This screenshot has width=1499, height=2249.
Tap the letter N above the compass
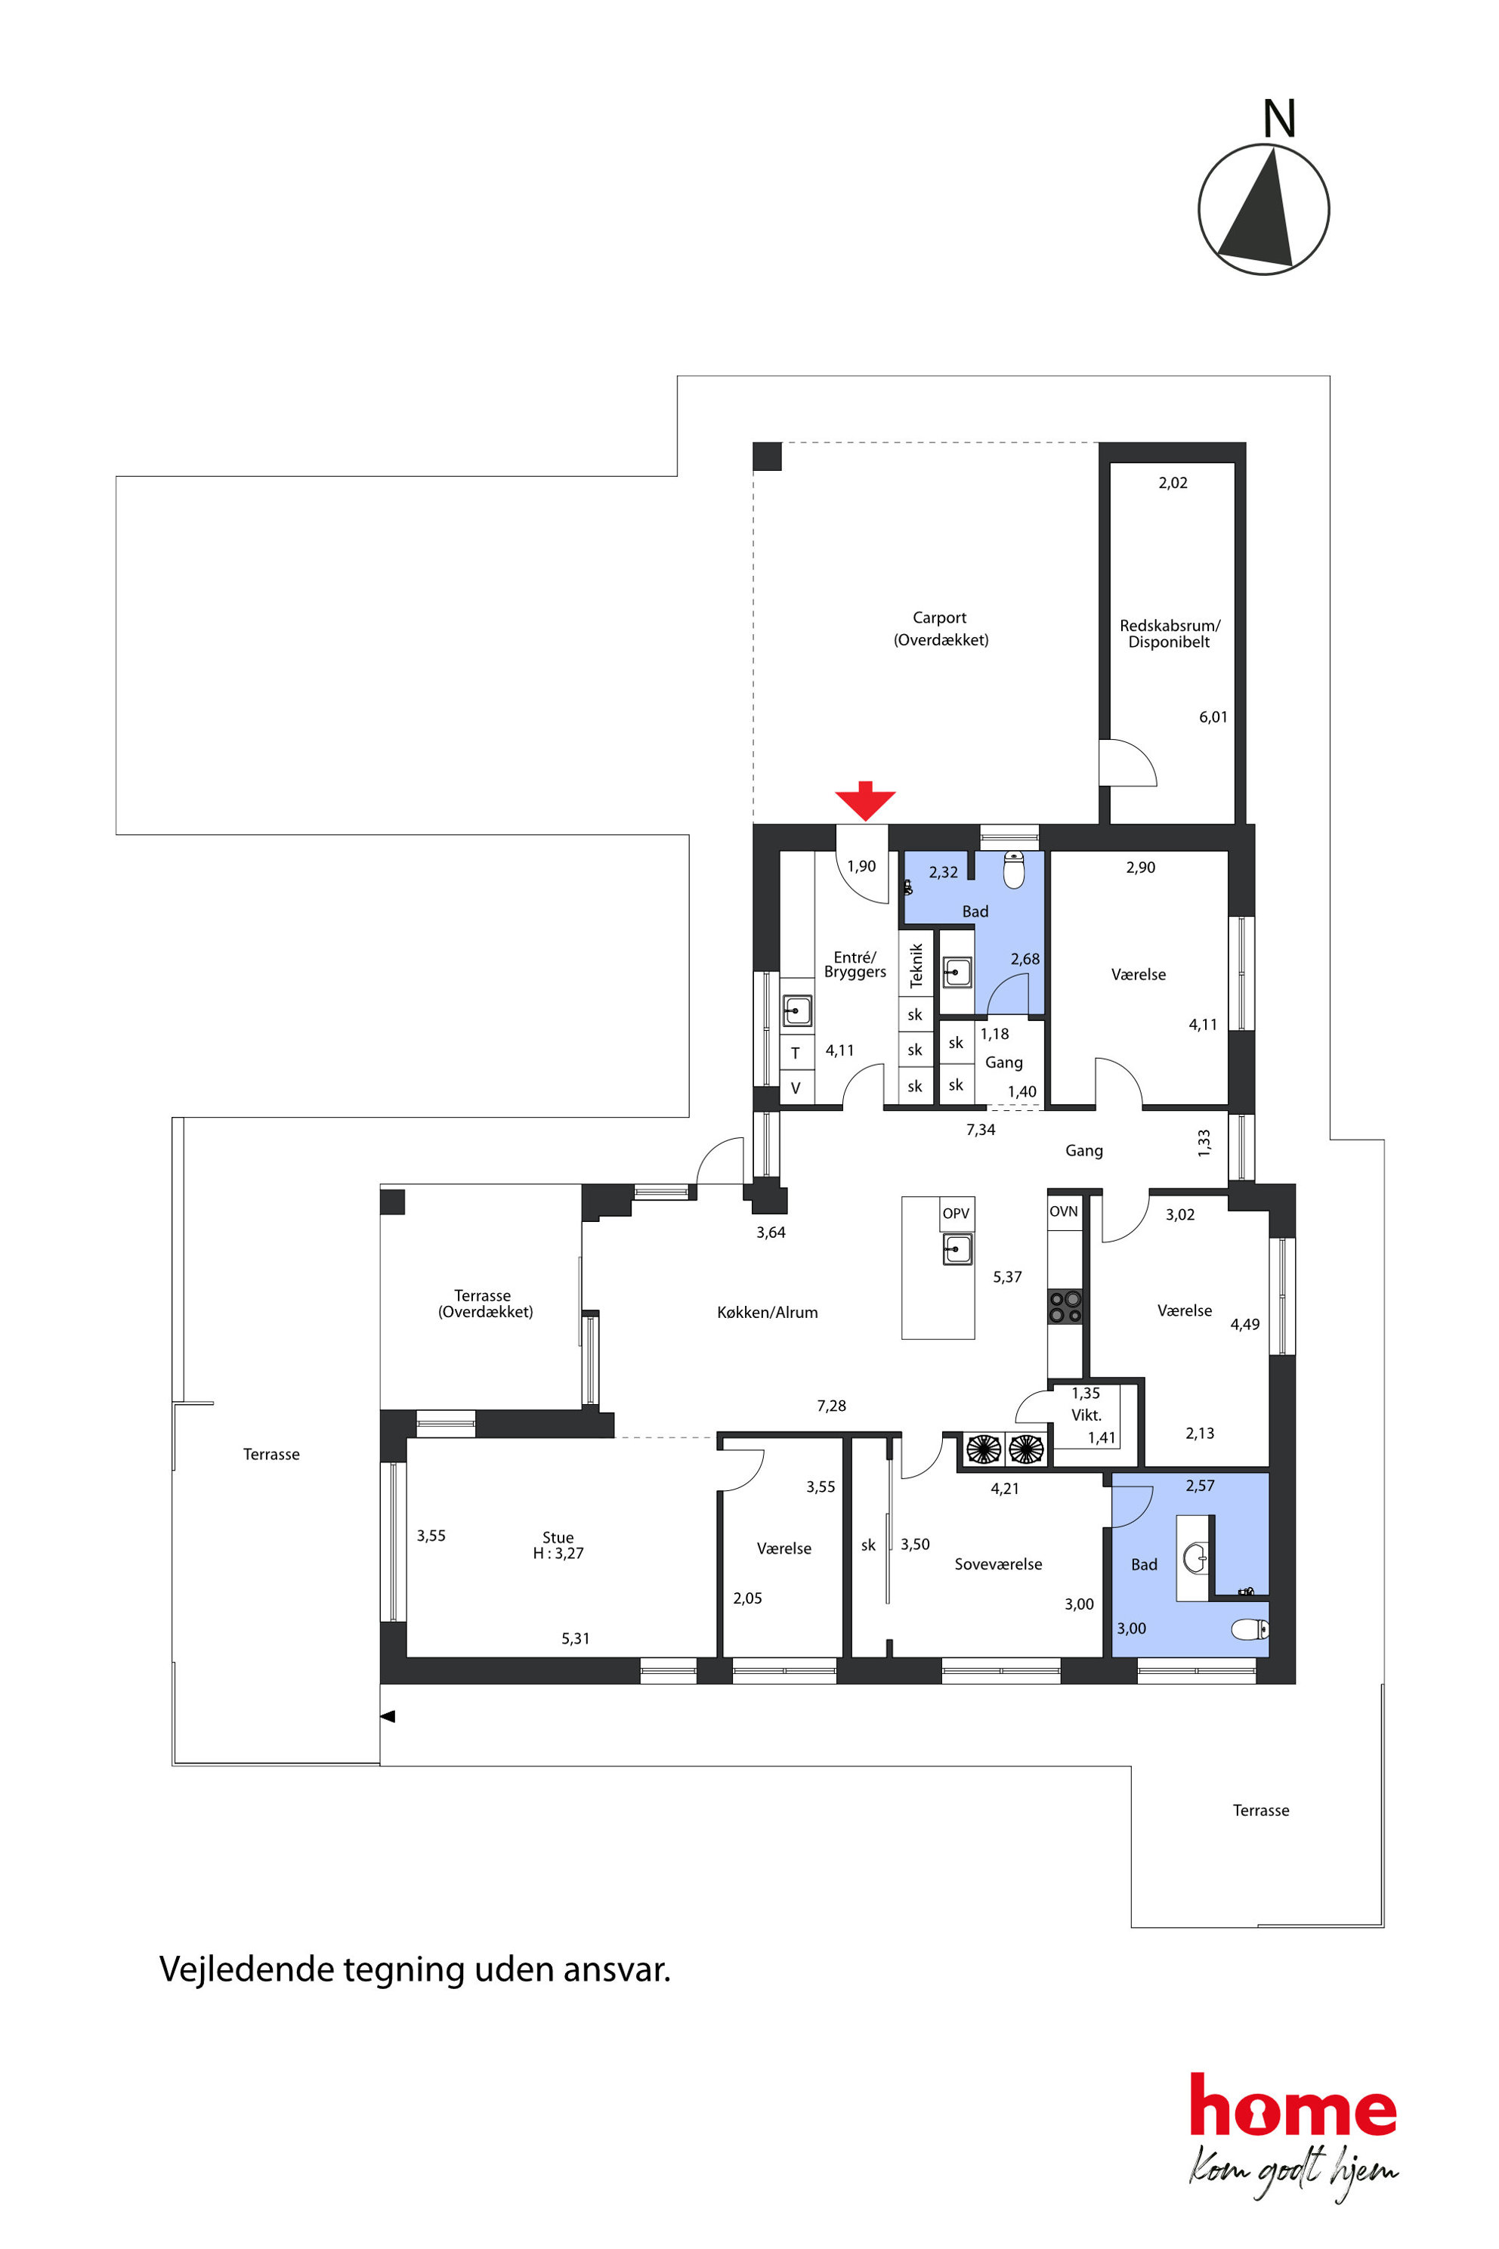(x=1279, y=119)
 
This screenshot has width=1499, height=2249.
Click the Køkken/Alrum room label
(x=768, y=1313)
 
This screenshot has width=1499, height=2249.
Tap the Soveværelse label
(x=998, y=1564)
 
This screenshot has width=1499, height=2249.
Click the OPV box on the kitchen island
(x=956, y=1214)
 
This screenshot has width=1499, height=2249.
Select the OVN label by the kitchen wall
(x=1064, y=1211)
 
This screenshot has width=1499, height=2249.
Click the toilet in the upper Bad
(x=1013, y=870)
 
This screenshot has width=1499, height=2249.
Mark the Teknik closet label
(x=916, y=966)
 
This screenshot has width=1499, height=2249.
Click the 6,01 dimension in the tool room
(x=1213, y=717)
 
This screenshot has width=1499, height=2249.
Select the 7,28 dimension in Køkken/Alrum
(x=832, y=1406)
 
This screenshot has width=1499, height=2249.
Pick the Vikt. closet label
(x=1086, y=1415)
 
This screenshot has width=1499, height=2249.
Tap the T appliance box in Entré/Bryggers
(x=796, y=1053)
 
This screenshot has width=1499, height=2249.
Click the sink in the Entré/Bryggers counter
(x=797, y=1010)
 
